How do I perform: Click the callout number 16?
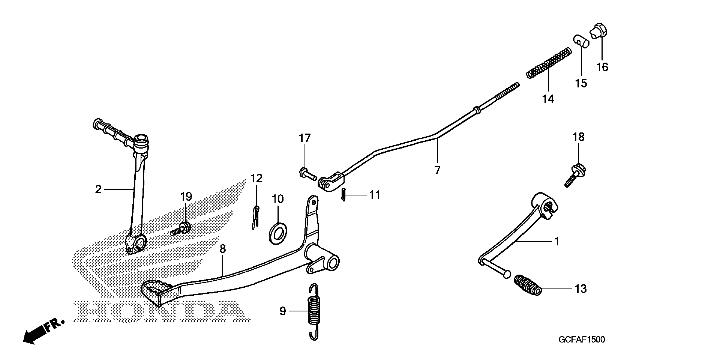coord(602,67)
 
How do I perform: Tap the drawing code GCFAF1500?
coord(582,340)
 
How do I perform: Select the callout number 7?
coord(437,170)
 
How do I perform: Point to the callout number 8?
coord(223,248)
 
